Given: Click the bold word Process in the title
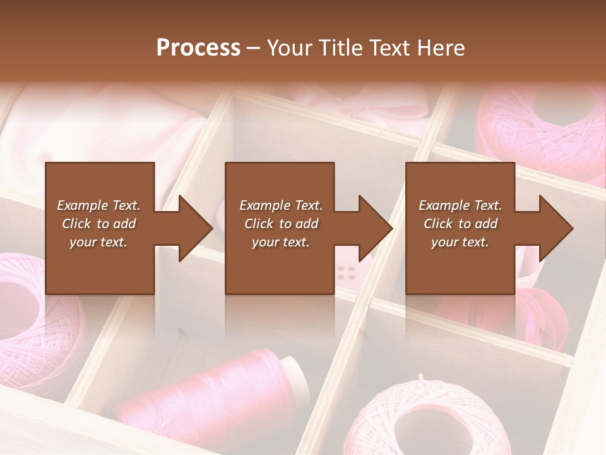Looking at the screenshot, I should (x=198, y=48).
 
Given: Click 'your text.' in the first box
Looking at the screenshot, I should (x=98, y=241).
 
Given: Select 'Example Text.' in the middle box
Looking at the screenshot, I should (x=281, y=205).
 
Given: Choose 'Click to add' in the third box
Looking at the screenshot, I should (x=461, y=223).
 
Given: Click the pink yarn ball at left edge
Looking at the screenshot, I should (x=32, y=310).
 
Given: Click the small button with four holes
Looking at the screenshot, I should (x=346, y=272).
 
